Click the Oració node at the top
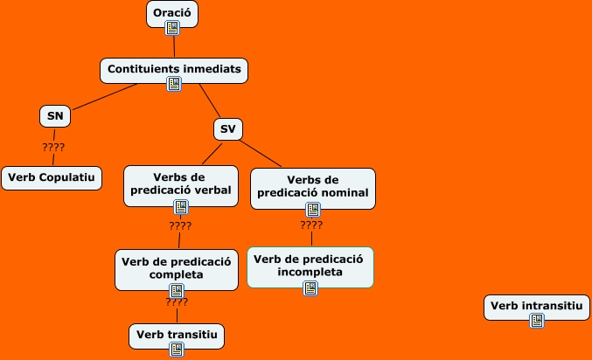pyautogui.click(x=171, y=12)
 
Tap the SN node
pyautogui.click(x=54, y=116)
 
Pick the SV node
pyautogui.click(x=227, y=129)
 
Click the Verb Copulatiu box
pyautogui.click(x=52, y=178)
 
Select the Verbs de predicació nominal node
pyautogui.click(x=313, y=184)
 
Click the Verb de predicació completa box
pyautogui.click(x=176, y=267)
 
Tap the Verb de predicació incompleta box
pyautogui.click(x=310, y=264)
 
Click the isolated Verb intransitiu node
pyautogui.click(x=536, y=305)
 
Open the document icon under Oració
pyautogui.click(x=172, y=28)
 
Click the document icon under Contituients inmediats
pyautogui.click(x=174, y=84)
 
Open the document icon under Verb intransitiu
pyautogui.click(x=537, y=321)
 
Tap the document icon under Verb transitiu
pyautogui.click(x=177, y=349)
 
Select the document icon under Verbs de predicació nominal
pyautogui.click(x=313, y=209)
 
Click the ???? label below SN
pyautogui.click(x=53, y=147)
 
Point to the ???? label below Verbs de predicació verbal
pyautogui.click(x=180, y=226)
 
